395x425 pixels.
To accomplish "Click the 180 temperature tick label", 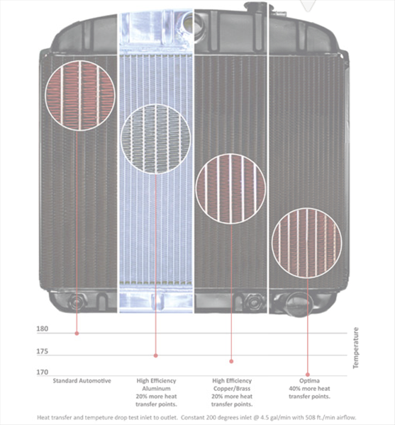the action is click(x=43, y=329).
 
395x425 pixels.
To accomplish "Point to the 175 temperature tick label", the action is click(x=43, y=351).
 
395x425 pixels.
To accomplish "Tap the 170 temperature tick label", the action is click(x=43, y=372).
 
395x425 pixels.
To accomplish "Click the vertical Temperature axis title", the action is click(x=356, y=348).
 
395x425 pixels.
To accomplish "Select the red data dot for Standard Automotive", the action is click(x=77, y=334).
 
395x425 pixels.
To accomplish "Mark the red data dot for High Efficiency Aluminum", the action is click(x=156, y=356).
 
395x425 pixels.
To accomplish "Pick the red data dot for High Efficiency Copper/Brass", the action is click(x=231, y=361).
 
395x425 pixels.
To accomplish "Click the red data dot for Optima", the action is click(x=308, y=375).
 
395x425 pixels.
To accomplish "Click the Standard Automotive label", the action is click(x=82, y=381).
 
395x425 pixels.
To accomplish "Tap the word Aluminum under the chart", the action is click(x=156, y=389).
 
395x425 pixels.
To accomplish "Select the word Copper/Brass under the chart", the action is click(x=232, y=389).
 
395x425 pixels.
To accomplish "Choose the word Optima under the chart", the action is click(x=309, y=381).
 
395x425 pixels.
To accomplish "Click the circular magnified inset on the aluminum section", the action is click(x=156, y=139).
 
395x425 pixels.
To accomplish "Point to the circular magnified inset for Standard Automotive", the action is click(x=80, y=96).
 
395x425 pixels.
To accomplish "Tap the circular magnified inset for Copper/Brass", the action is click(x=230, y=188).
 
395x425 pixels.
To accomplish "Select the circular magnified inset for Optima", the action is click(x=307, y=243).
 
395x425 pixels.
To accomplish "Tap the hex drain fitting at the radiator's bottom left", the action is click(x=77, y=302).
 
